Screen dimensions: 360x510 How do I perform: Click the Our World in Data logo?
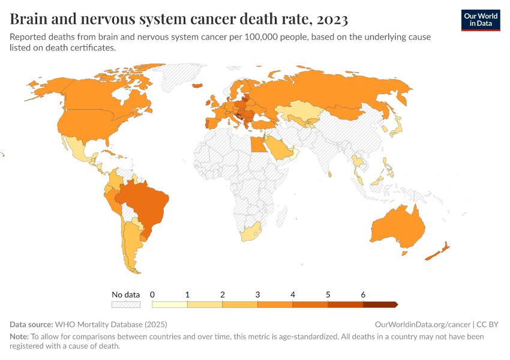click(x=480, y=19)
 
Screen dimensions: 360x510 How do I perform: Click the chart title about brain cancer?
click(x=179, y=19)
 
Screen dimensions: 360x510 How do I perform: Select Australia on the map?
click(x=398, y=228)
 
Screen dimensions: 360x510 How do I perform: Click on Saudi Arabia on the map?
click(x=278, y=148)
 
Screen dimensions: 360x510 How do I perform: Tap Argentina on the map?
click(x=133, y=246)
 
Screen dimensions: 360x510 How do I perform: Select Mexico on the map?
click(x=78, y=150)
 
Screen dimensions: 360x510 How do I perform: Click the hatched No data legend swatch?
click(x=125, y=305)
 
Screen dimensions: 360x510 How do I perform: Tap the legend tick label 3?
click(x=258, y=295)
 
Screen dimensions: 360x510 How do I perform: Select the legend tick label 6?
click(x=363, y=295)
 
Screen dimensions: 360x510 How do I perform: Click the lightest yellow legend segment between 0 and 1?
click(x=170, y=305)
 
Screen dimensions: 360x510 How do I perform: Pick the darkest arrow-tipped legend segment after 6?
click(x=380, y=305)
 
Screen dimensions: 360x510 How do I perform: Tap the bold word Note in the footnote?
click(x=19, y=337)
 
